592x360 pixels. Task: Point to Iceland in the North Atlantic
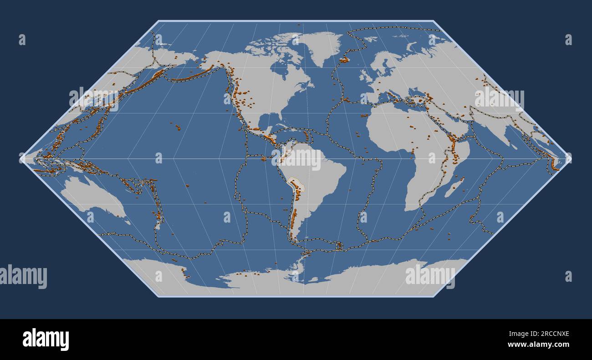point(344,59)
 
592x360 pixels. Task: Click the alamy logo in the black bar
point(46,340)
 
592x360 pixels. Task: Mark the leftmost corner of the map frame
point(21,158)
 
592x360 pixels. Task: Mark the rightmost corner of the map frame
point(570,158)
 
